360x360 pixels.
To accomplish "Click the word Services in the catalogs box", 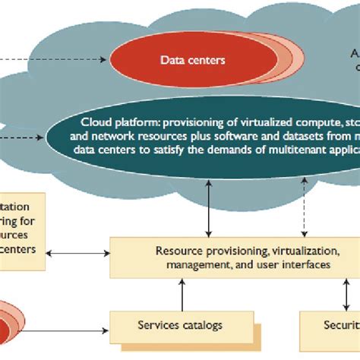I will [x=158, y=325].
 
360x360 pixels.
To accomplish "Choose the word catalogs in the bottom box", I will [x=201, y=325].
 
